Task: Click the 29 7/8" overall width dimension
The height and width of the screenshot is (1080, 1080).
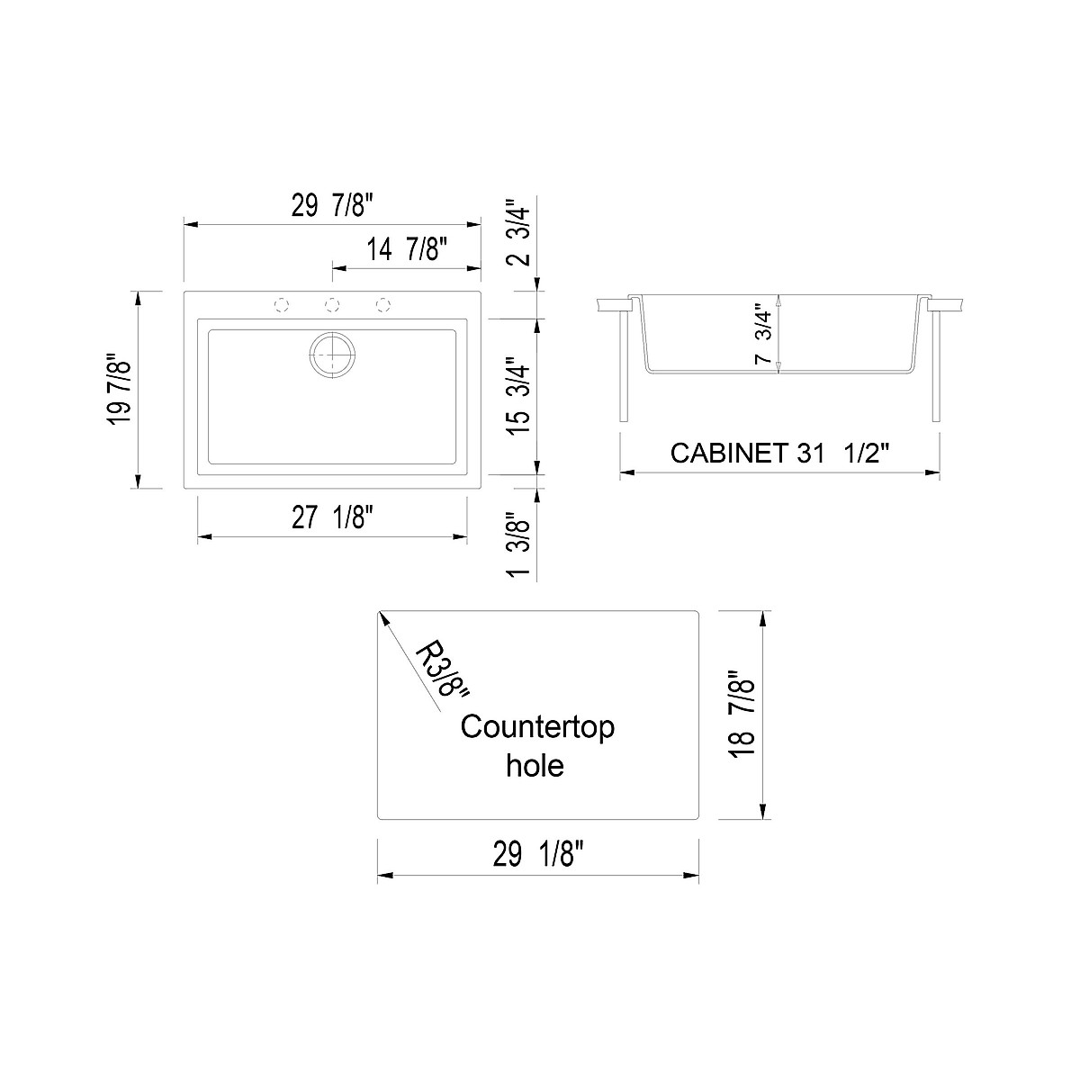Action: click(x=331, y=207)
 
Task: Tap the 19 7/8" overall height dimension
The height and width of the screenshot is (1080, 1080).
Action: click(x=119, y=389)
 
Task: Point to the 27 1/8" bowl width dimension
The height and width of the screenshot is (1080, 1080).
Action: click(x=332, y=518)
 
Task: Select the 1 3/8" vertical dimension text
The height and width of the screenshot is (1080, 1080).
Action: click(x=519, y=545)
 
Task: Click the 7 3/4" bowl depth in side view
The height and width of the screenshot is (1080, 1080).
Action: click(x=764, y=333)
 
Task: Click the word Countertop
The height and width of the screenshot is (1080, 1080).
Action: click(x=537, y=726)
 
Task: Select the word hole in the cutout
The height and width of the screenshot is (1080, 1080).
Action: click(x=535, y=765)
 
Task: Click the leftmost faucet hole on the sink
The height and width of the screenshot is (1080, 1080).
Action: click(x=282, y=305)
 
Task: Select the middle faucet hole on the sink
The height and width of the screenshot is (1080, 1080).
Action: click(x=332, y=305)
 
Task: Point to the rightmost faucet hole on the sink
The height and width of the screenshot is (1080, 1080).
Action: click(x=383, y=305)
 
